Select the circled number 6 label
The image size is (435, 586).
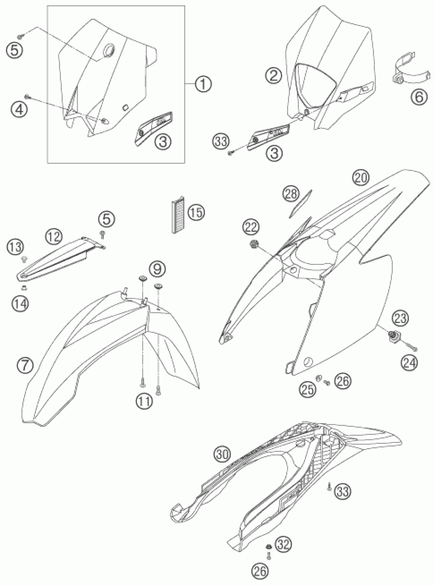pos(419,97)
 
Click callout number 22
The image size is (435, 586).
pos(251,227)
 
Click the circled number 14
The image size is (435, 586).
pos(20,304)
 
